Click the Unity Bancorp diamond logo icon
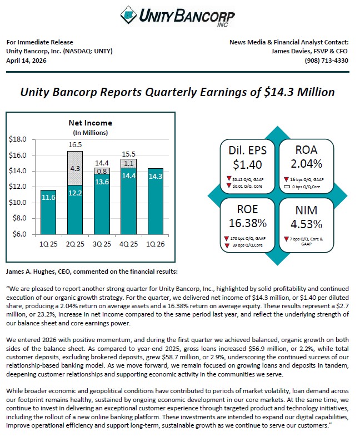pos(128,15)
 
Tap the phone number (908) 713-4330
pos(326,61)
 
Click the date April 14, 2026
pos(26,61)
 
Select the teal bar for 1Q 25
pos(48,212)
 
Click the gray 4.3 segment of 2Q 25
pos(75,168)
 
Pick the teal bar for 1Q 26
pos(156,202)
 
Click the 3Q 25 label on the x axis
pos(102,244)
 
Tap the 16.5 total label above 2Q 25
pos(75,144)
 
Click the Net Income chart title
pos(91,123)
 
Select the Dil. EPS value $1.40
pos(247,165)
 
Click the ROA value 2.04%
pos(306,164)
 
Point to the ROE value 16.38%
pos(248,223)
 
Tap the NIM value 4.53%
pos(306,224)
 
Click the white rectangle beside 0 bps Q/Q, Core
pos(287,187)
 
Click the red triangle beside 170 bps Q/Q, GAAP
pos(227,239)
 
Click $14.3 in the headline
pos(278,92)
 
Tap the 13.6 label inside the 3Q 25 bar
pos(102,182)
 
